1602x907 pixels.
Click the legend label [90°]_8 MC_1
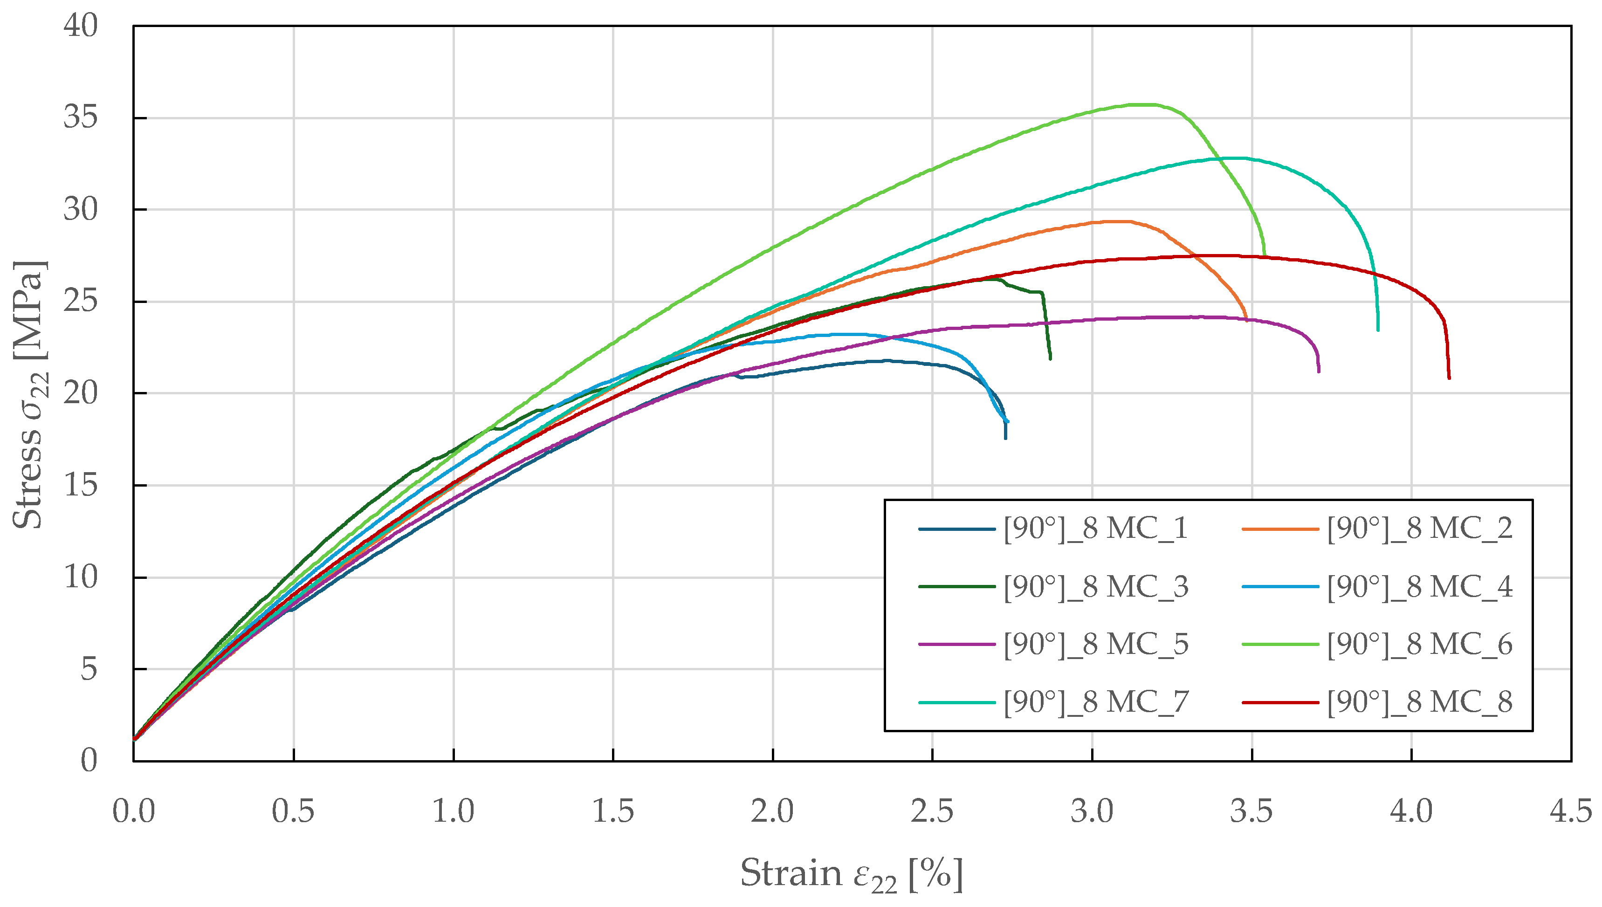tap(1095, 529)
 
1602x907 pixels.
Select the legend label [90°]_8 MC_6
tap(1419, 644)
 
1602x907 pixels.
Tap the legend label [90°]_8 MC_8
tap(1419, 702)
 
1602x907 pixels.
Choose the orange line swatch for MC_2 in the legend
tap(1280, 529)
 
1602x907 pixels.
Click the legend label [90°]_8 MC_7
tap(1095, 702)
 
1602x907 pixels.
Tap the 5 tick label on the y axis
tap(89, 669)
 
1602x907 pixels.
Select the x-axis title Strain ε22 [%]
tap(851, 874)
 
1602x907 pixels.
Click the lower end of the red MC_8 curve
tap(1449, 377)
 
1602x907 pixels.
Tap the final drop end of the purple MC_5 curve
tap(1319, 371)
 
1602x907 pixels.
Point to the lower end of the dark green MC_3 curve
tap(1050, 358)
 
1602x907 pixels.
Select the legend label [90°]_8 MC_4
tap(1419, 587)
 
